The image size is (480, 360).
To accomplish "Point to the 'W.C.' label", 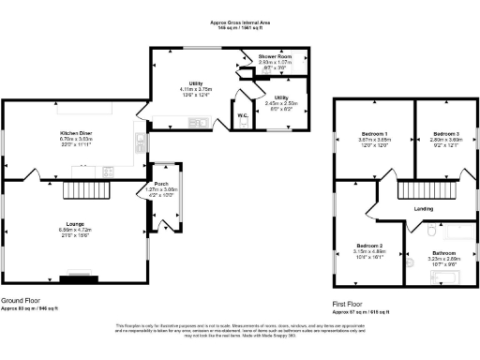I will tap(243, 116).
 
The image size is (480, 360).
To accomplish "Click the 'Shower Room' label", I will tap(276, 57).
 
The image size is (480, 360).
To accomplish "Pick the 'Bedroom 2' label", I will tap(366, 245).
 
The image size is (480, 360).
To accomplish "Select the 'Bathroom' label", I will tap(444, 253).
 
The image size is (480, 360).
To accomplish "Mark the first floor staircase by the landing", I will tap(432, 191).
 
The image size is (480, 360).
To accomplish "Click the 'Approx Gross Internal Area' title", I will tap(240, 21).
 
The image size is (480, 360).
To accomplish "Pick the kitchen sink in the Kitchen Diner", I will tap(139, 141).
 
